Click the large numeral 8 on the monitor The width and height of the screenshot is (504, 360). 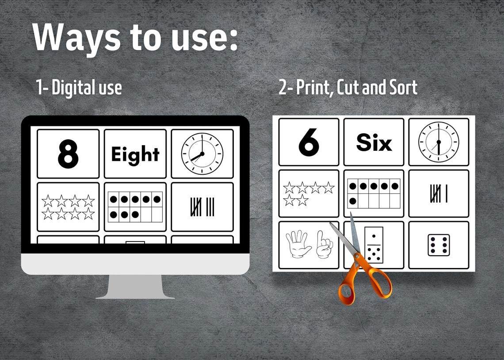click(68, 154)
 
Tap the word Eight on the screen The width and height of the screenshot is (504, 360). click(135, 154)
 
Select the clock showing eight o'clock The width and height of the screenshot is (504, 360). click(202, 154)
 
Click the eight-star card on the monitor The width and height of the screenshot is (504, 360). click(68, 207)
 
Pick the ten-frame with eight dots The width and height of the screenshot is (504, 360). click(135, 207)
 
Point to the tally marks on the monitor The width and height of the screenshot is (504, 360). click(202, 207)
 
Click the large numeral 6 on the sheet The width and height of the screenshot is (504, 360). click(309, 142)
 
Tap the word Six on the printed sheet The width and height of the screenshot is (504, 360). click(374, 143)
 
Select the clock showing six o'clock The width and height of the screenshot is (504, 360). click(439, 142)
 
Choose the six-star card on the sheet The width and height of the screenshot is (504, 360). click(308, 194)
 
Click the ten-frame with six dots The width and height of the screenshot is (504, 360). click(374, 194)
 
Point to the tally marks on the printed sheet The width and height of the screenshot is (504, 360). click(438, 194)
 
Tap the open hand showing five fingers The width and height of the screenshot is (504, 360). click(298, 244)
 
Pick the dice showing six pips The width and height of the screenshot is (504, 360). click(438, 245)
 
